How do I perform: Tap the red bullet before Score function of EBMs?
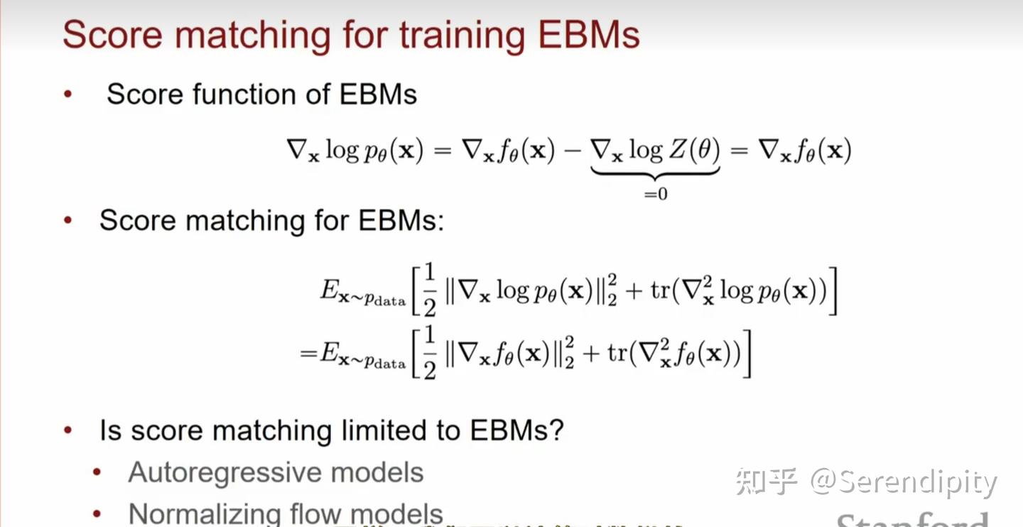(68, 94)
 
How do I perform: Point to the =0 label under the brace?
(655, 193)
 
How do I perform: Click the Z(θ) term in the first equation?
(693, 150)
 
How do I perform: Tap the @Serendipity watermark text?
(904, 483)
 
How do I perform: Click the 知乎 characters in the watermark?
(766, 482)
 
